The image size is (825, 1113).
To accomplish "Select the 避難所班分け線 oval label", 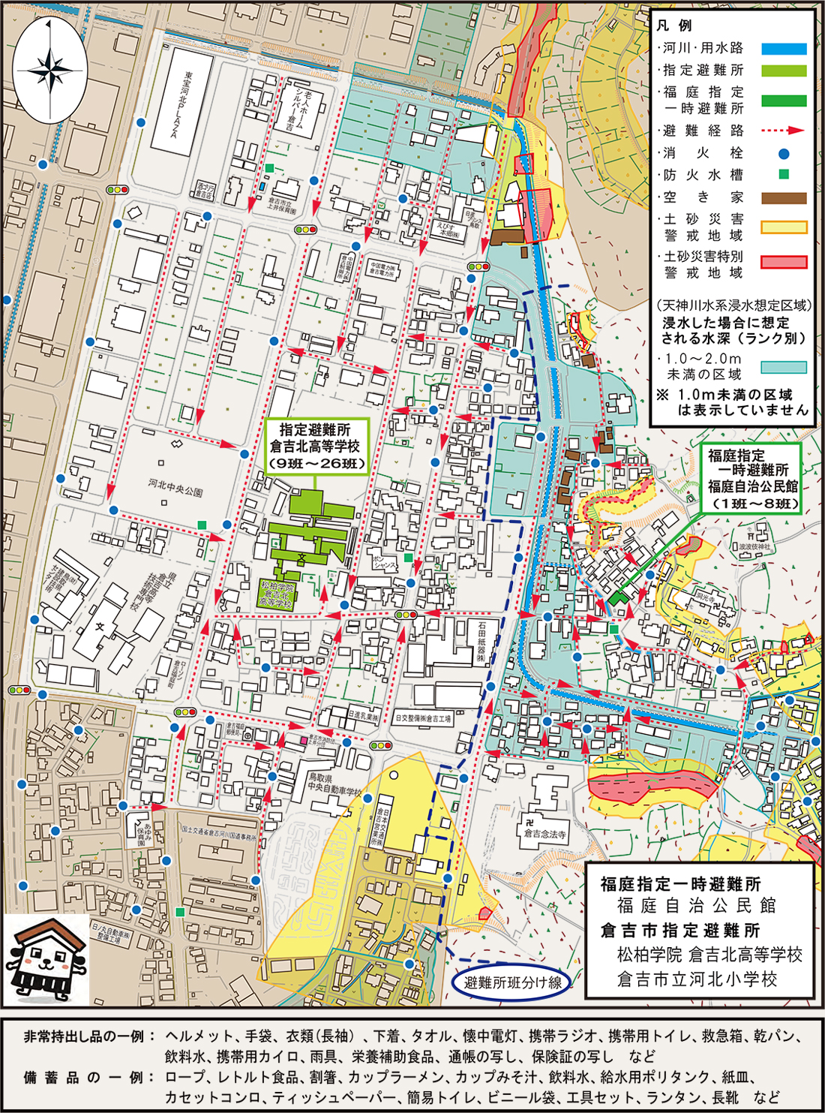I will coord(512,982).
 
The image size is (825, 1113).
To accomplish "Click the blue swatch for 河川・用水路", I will coord(784,49).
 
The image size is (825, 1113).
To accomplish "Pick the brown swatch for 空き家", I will coord(784,198).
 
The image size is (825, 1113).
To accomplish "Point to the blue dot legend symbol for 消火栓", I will coord(784,154).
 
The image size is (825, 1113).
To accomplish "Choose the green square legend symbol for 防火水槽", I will coord(784,175).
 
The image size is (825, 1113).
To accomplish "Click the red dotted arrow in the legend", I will coord(784,131).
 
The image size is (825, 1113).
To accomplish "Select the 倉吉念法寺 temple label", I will coord(545,833).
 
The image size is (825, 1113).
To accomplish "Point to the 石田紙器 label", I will coord(481,643).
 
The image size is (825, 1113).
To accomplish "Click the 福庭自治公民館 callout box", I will coord(752,480).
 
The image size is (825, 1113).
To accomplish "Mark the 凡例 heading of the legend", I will coord(674,26).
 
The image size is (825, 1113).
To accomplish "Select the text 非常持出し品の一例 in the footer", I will coord(83,1036).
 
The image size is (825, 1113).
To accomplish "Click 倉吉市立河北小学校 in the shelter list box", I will coord(697,979).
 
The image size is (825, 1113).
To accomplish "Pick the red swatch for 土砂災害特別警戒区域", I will coord(784,263).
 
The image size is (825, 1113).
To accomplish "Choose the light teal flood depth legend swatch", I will coord(784,367).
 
